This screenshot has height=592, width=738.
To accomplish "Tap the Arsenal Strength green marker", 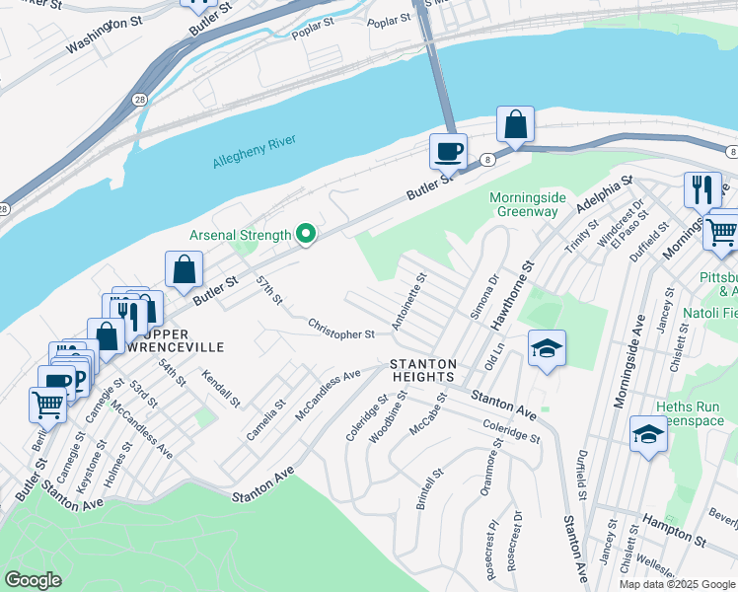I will tap(306, 235).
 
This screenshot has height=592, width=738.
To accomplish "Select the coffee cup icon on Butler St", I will tap(448, 153).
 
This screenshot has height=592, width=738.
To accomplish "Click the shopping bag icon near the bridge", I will tap(515, 125).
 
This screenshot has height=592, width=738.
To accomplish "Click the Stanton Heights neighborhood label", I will tap(422, 370).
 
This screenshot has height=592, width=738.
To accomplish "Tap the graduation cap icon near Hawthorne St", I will tap(547, 349).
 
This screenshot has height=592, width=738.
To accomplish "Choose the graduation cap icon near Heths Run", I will tap(647, 435).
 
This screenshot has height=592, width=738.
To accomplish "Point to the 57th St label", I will tap(269, 290).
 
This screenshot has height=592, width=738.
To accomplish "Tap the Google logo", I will tap(34, 580).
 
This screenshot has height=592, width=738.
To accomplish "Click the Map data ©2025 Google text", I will tap(677, 584).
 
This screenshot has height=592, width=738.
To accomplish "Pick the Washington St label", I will tap(99, 36).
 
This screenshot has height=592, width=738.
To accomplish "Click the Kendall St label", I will tap(221, 389).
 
